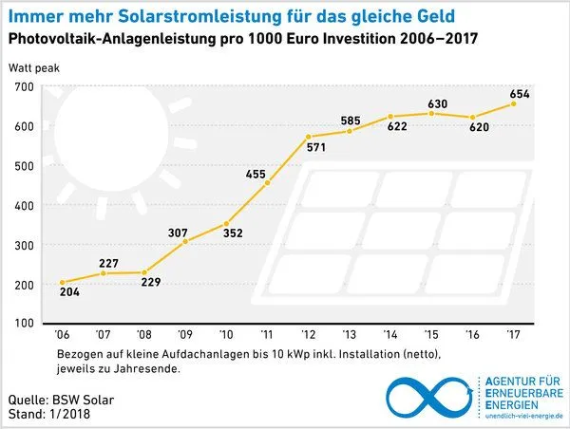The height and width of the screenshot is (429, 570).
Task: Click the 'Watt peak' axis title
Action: pos(34,69)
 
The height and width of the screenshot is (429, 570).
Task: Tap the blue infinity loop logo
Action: pos(432,396)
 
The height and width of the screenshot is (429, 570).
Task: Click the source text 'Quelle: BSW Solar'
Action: pos(61,400)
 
